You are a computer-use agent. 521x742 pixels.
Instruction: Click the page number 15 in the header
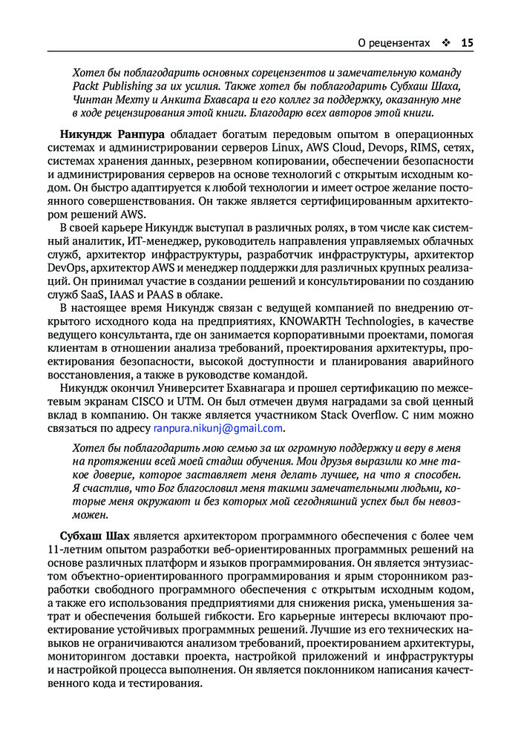(467, 43)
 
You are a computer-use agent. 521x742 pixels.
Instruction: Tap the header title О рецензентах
(393, 43)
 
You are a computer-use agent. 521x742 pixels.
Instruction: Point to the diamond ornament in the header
(445, 43)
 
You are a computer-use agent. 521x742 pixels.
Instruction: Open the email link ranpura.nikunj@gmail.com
(218, 428)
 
